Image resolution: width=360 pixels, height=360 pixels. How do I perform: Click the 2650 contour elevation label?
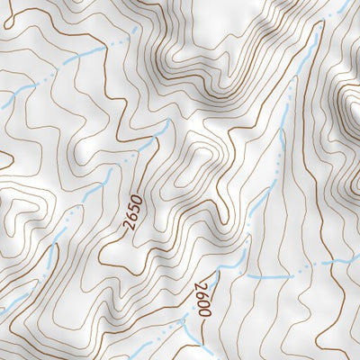[134, 212]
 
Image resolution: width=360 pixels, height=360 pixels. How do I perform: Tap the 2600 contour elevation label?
[202, 298]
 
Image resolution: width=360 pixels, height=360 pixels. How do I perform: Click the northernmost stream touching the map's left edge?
[18, 91]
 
